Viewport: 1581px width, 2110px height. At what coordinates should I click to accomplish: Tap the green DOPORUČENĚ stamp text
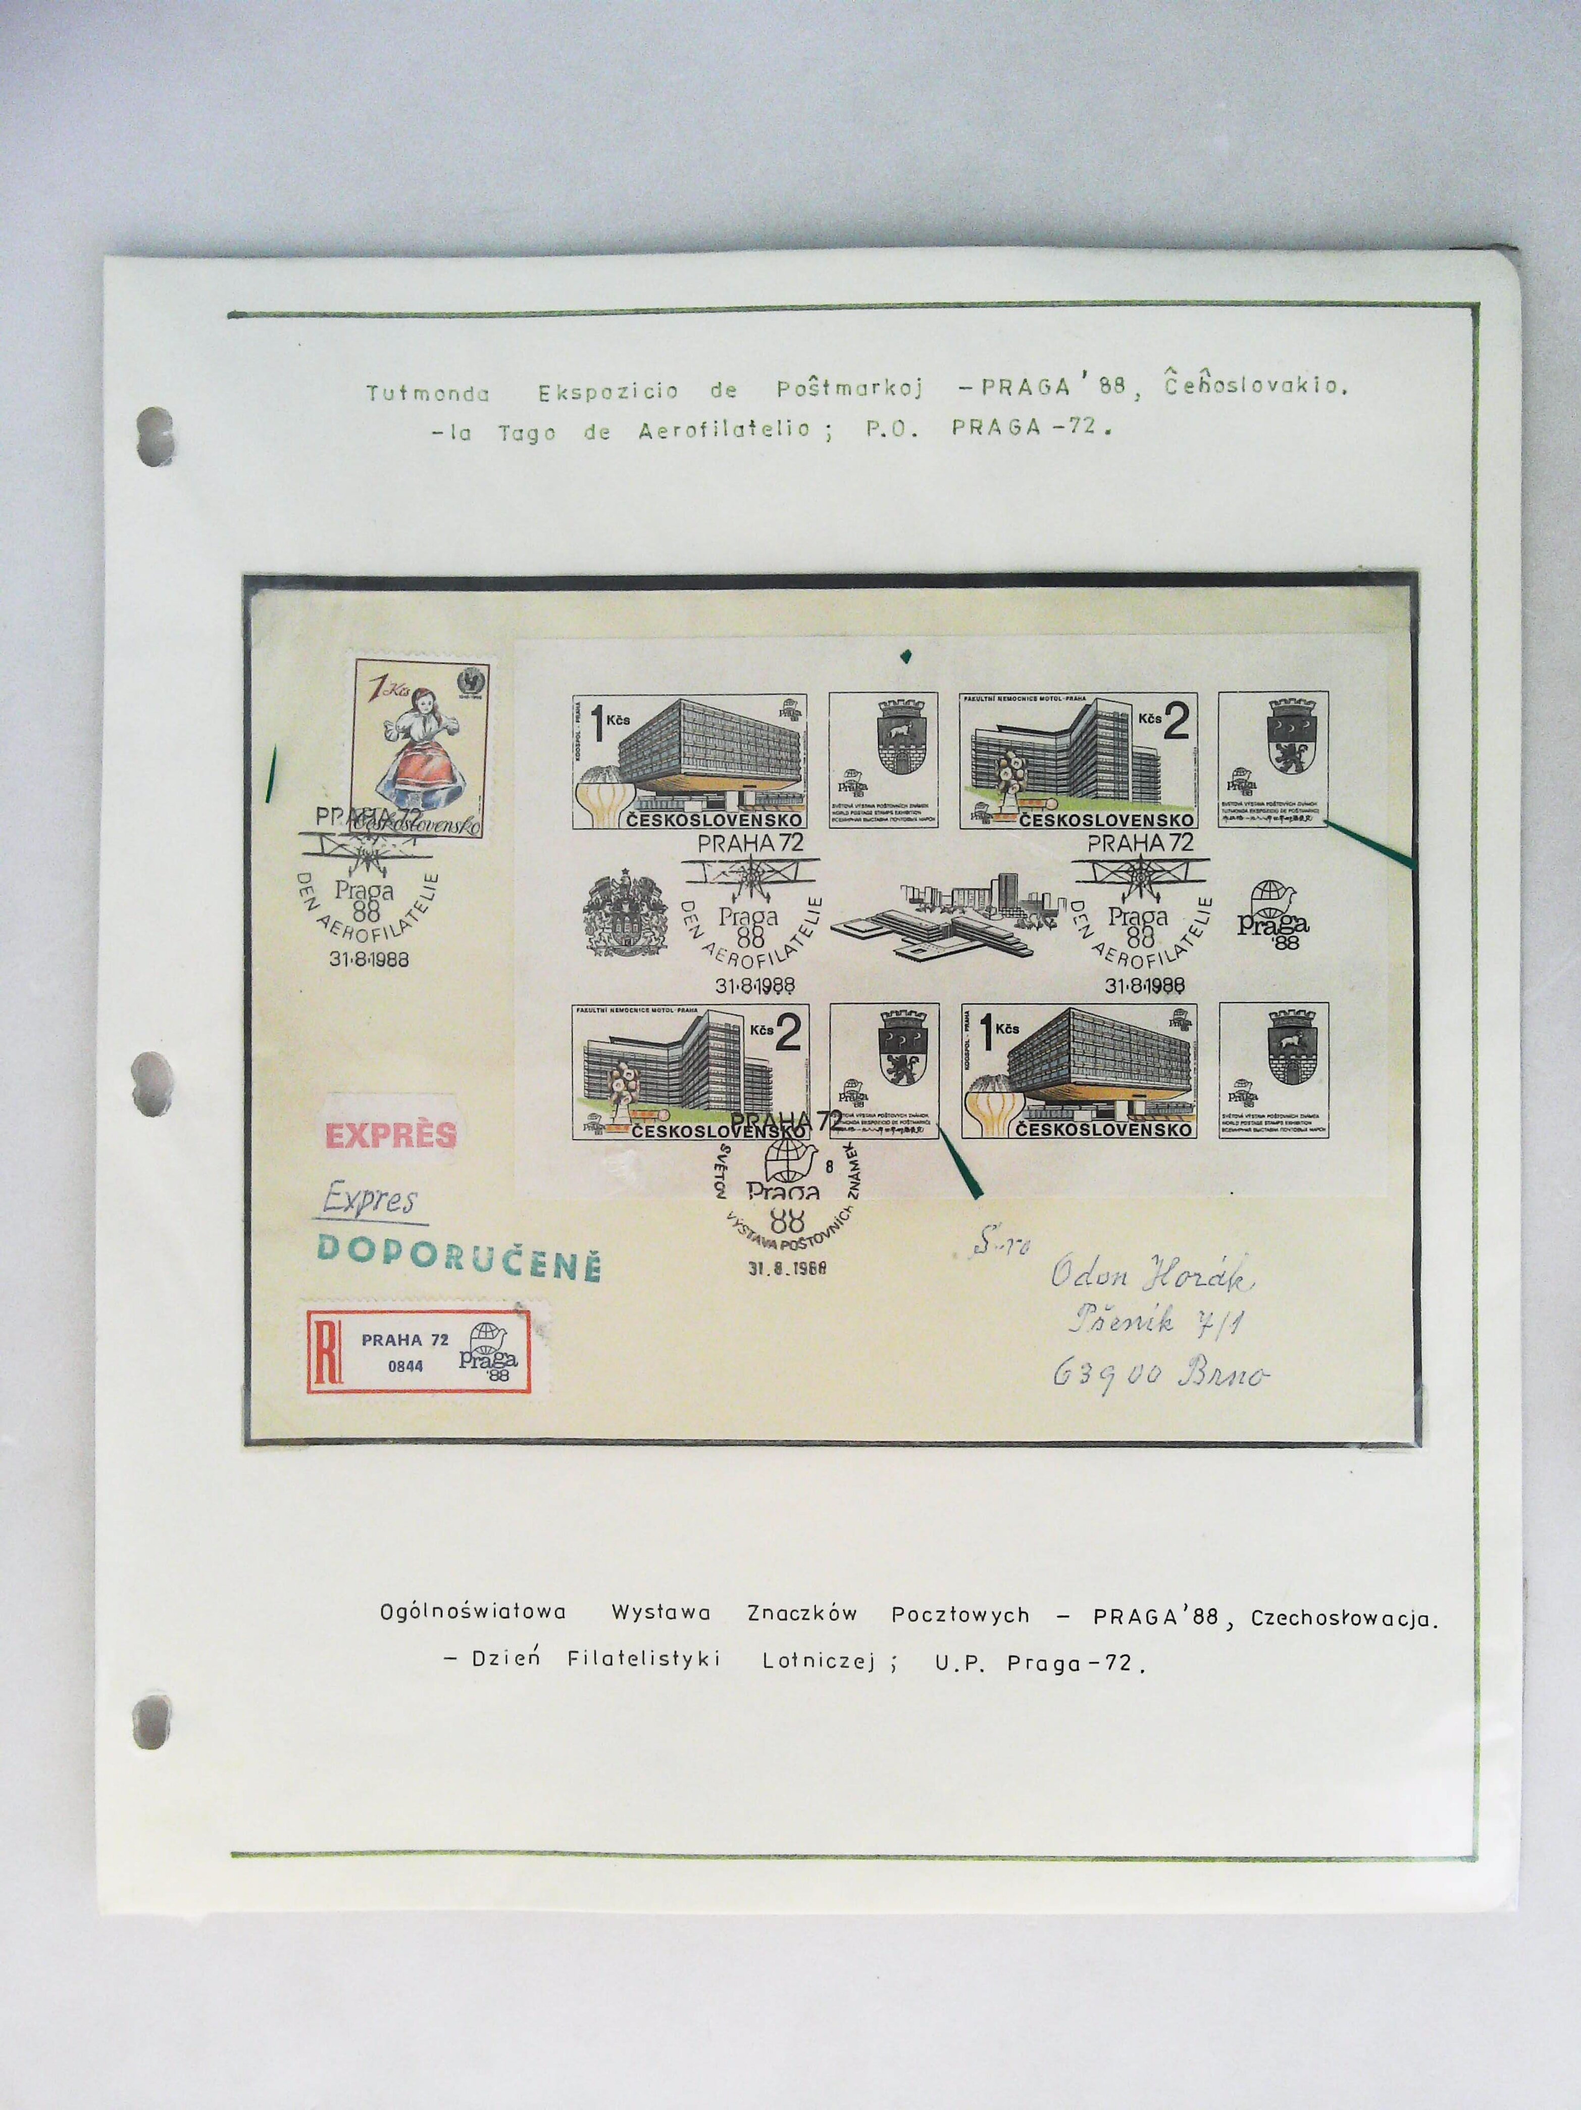[x=458, y=1246]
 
